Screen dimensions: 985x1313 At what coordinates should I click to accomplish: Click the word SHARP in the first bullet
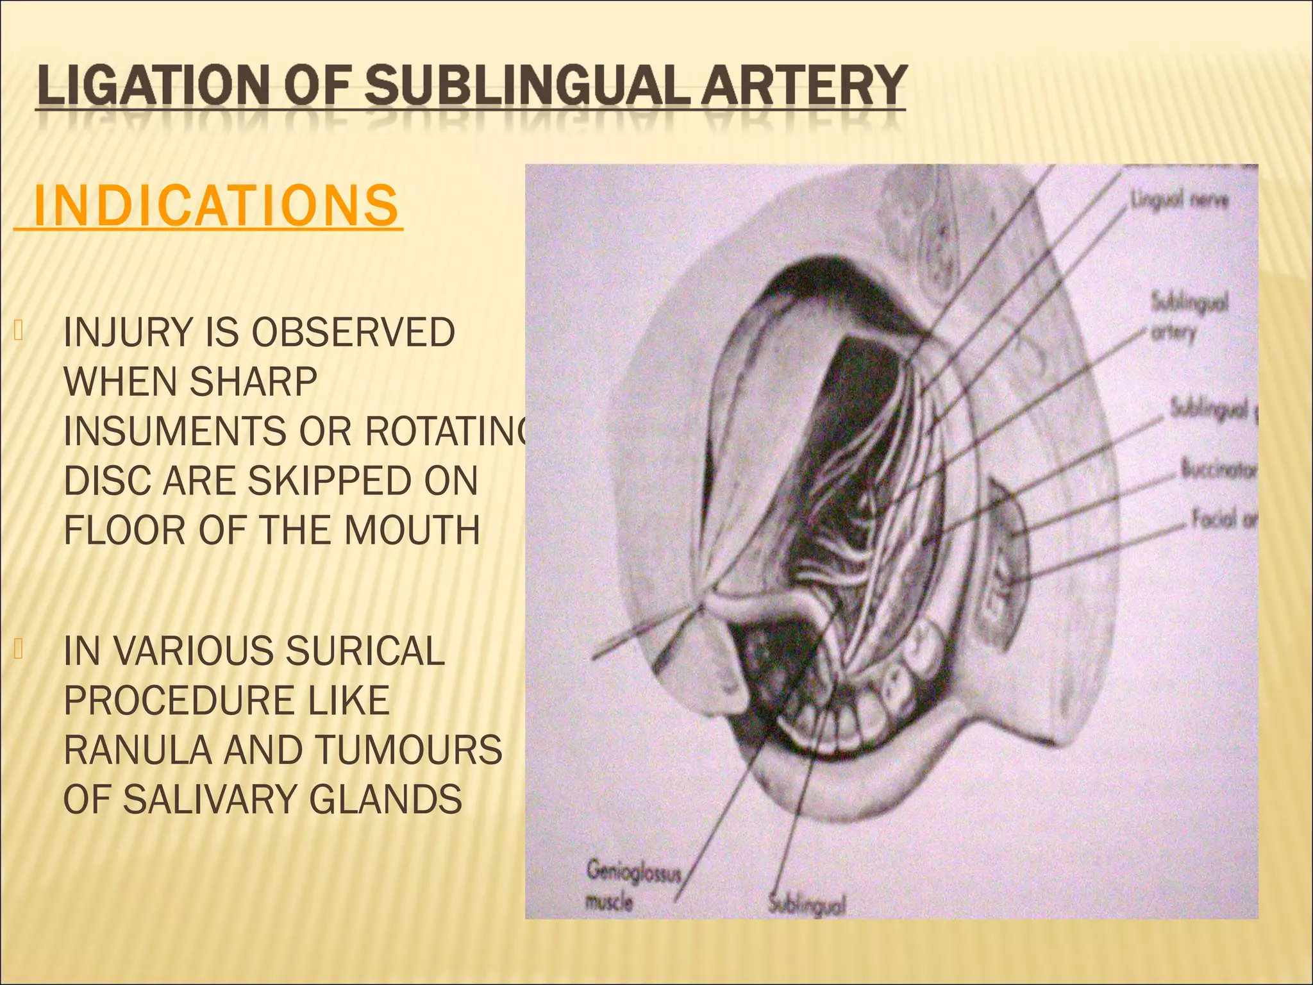(x=254, y=382)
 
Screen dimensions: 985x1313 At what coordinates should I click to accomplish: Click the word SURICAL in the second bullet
(x=365, y=652)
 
